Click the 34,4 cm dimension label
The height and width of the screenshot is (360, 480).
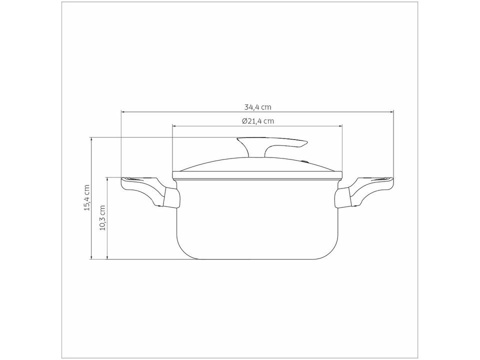[x=258, y=107]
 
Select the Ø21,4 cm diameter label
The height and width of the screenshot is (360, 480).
[x=258, y=121]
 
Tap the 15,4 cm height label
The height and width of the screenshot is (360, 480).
[x=87, y=197]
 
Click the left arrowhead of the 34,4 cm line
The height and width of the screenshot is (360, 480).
[x=123, y=112]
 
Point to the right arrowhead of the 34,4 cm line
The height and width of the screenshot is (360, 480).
[x=391, y=112]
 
